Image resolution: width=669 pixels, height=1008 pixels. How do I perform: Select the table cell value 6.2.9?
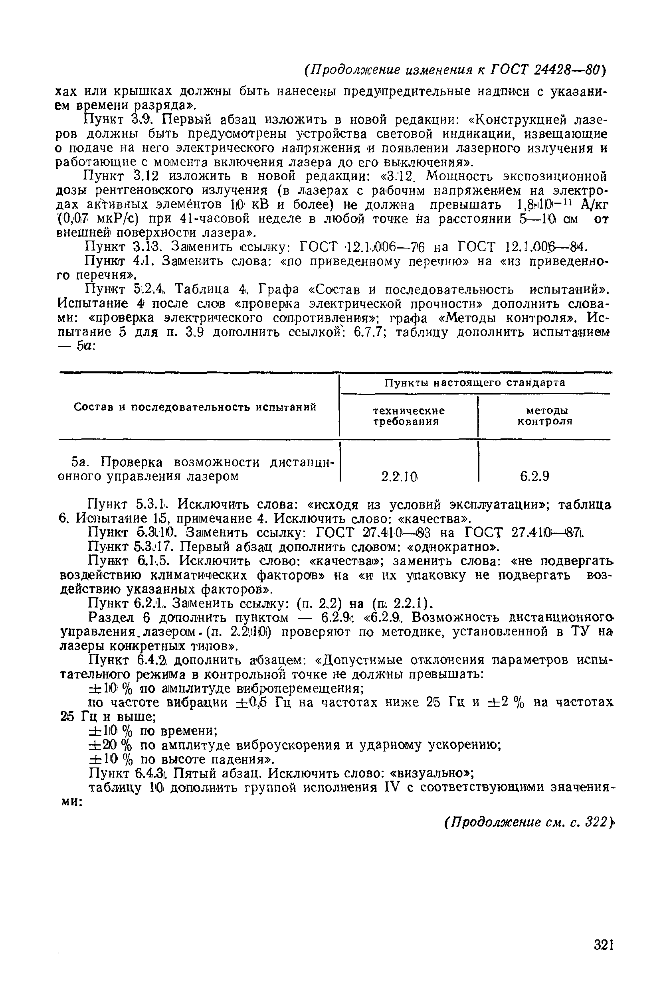pyautogui.click(x=534, y=476)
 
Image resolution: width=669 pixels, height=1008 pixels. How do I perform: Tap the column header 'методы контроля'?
pyautogui.click(x=544, y=416)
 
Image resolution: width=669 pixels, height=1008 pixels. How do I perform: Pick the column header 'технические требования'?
pyautogui.click(x=408, y=416)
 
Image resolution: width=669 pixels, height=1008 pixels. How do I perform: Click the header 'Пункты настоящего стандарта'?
pyautogui.click(x=475, y=383)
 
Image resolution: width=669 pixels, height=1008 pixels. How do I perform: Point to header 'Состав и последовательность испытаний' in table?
pyautogui.click(x=195, y=407)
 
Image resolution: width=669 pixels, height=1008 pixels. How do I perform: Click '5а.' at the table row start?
pyautogui.click(x=79, y=462)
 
